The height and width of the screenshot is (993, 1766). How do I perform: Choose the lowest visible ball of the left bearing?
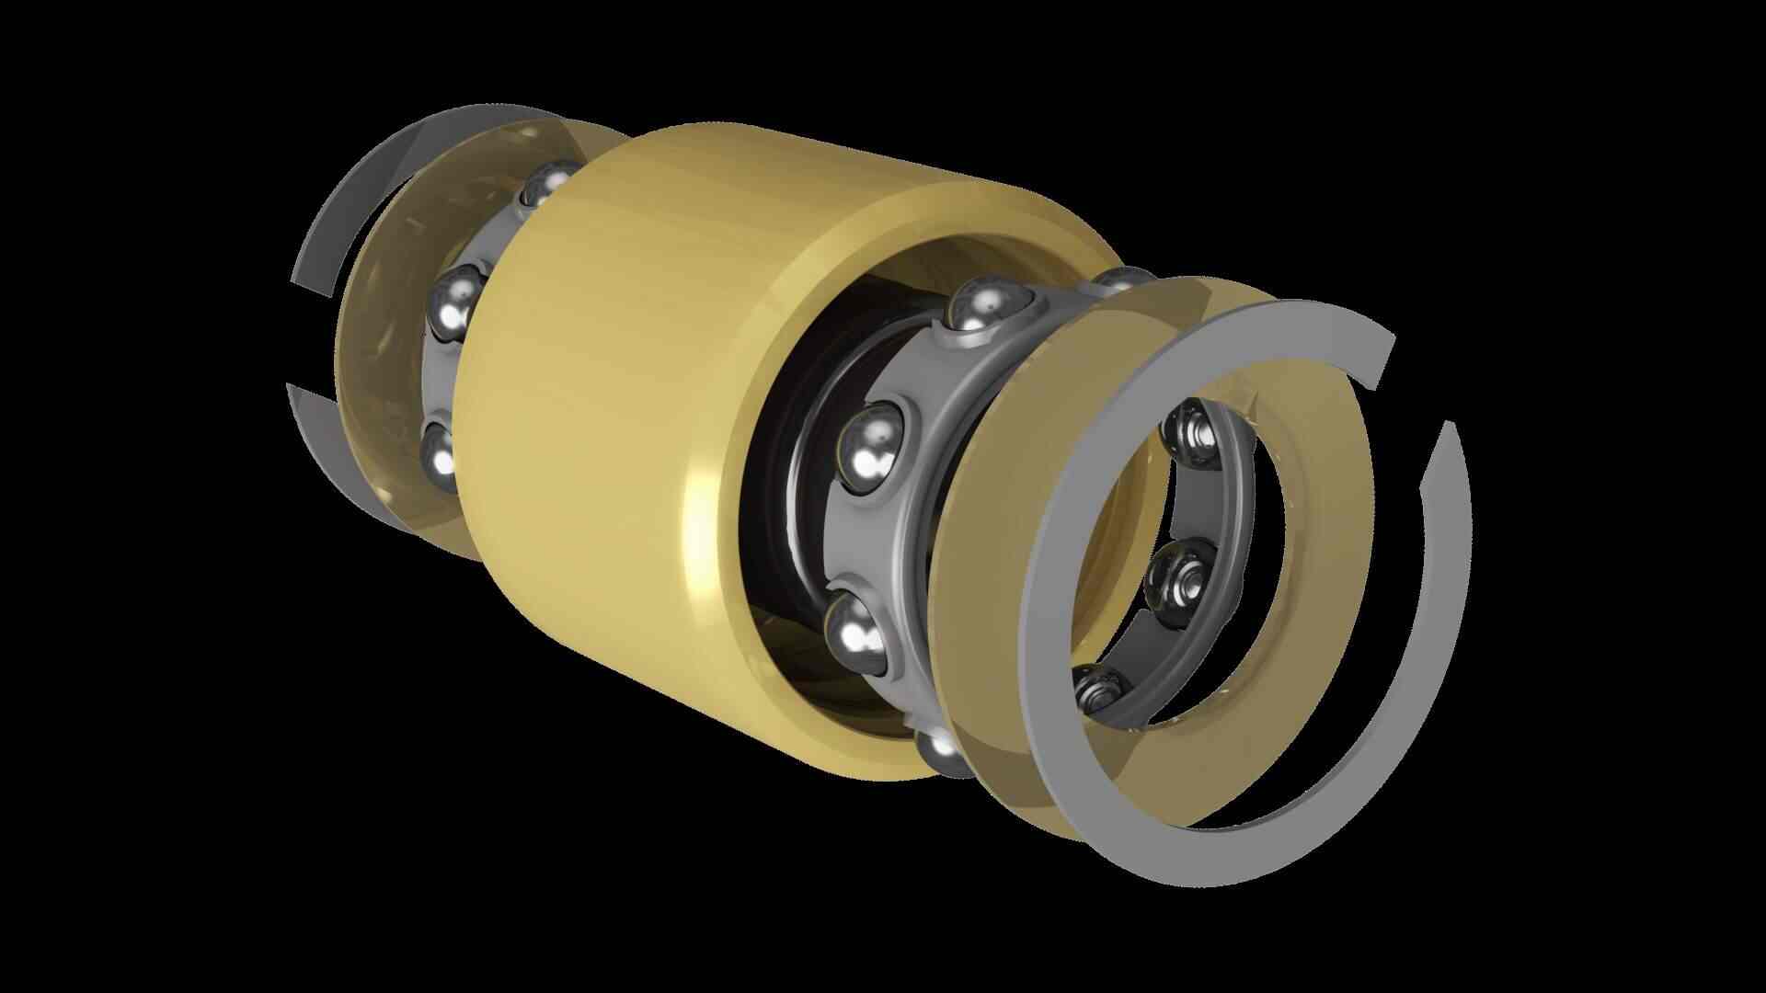[441, 455]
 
